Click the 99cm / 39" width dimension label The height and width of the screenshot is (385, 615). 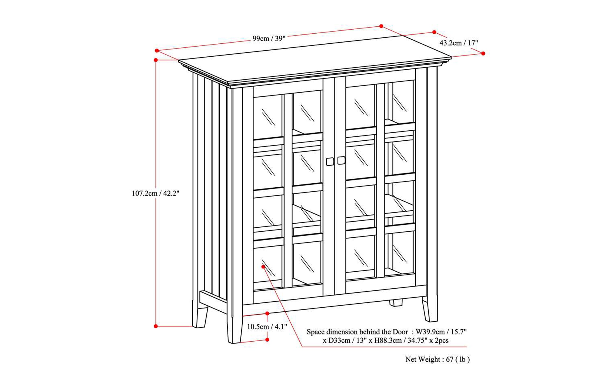click(x=269, y=38)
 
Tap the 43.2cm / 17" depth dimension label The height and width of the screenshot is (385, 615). click(x=459, y=43)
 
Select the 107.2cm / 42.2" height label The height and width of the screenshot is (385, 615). click(x=155, y=193)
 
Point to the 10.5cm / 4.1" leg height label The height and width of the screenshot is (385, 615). click(x=267, y=327)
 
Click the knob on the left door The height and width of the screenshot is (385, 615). click(x=330, y=161)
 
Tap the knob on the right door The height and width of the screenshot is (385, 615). click(x=341, y=160)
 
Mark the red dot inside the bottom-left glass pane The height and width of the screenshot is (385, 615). click(x=263, y=267)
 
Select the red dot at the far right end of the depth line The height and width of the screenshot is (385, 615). click(x=483, y=53)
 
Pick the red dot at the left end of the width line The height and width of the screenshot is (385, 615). click(x=157, y=51)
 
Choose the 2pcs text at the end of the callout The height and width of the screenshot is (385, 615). click(x=442, y=341)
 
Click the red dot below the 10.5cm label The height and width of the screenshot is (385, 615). click(x=267, y=340)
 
